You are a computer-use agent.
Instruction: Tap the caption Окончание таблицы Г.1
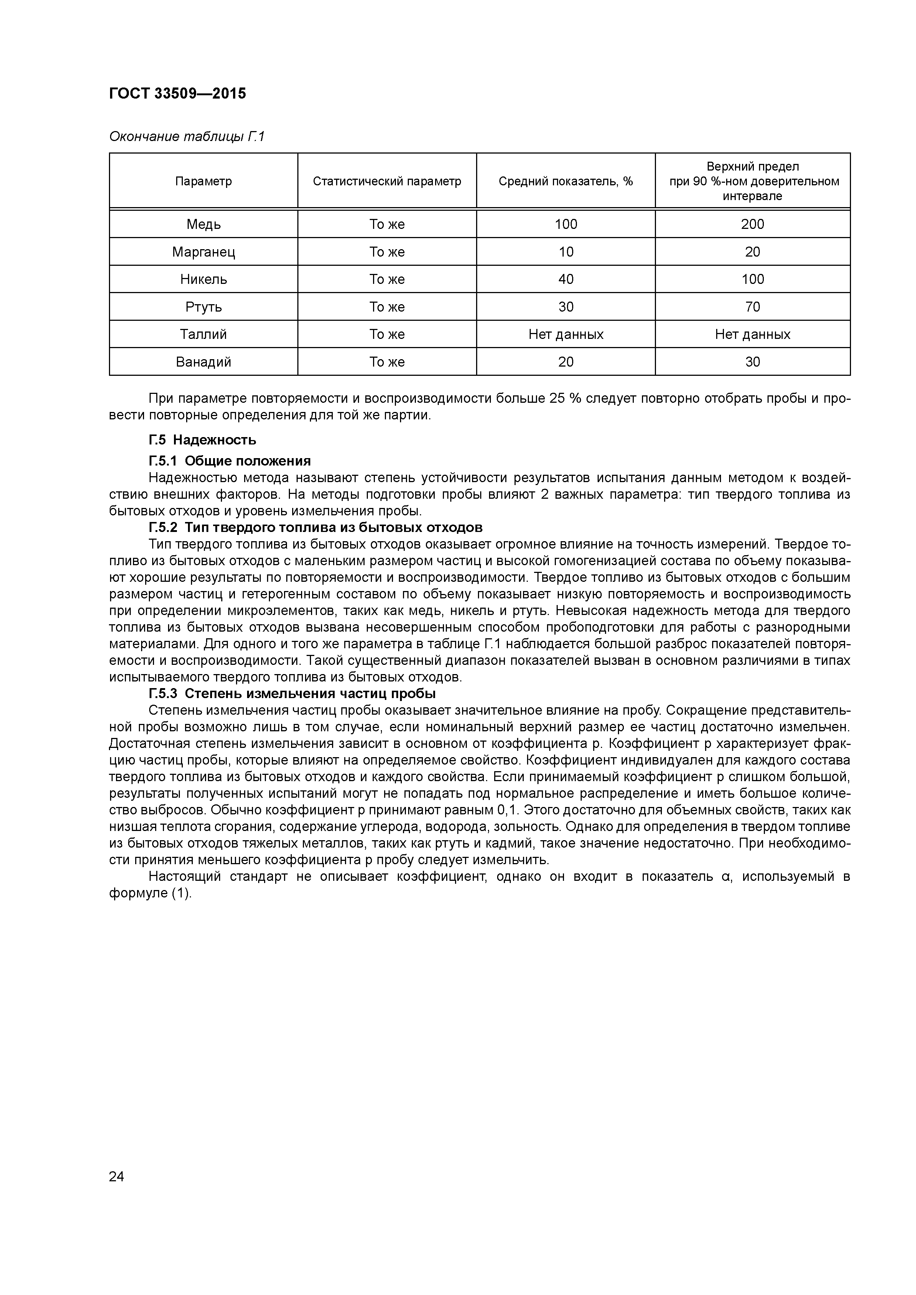coord(186,137)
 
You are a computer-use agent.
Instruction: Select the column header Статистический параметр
coord(387,181)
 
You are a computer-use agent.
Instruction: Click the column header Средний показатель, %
coord(565,181)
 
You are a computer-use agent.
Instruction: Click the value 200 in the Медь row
coord(752,224)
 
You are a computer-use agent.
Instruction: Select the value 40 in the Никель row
coord(565,279)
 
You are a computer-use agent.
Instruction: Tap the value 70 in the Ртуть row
coord(752,307)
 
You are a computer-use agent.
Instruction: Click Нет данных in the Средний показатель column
coord(565,334)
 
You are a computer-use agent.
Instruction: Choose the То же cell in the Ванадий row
coord(387,361)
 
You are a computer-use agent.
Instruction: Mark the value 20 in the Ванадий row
coord(565,361)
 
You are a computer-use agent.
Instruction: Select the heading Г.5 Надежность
coord(202,439)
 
